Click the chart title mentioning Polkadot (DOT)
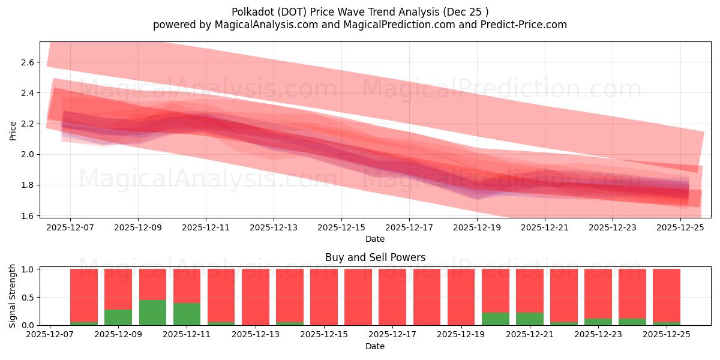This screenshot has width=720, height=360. click(x=360, y=11)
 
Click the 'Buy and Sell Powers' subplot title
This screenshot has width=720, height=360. click(x=375, y=257)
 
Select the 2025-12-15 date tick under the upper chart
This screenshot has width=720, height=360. click(x=341, y=227)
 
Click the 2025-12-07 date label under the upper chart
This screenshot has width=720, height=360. click(x=70, y=227)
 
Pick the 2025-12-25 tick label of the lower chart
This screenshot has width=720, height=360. click(x=667, y=335)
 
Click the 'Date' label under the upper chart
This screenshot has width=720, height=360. click(x=375, y=239)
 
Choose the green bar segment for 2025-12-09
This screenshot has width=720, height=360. click(x=118, y=317)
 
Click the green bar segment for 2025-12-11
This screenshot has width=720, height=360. click(x=187, y=314)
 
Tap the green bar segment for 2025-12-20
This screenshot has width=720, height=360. click(x=495, y=319)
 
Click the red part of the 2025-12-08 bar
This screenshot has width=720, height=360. click(x=84, y=294)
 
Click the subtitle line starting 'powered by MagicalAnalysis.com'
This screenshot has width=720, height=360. click(x=360, y=25)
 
